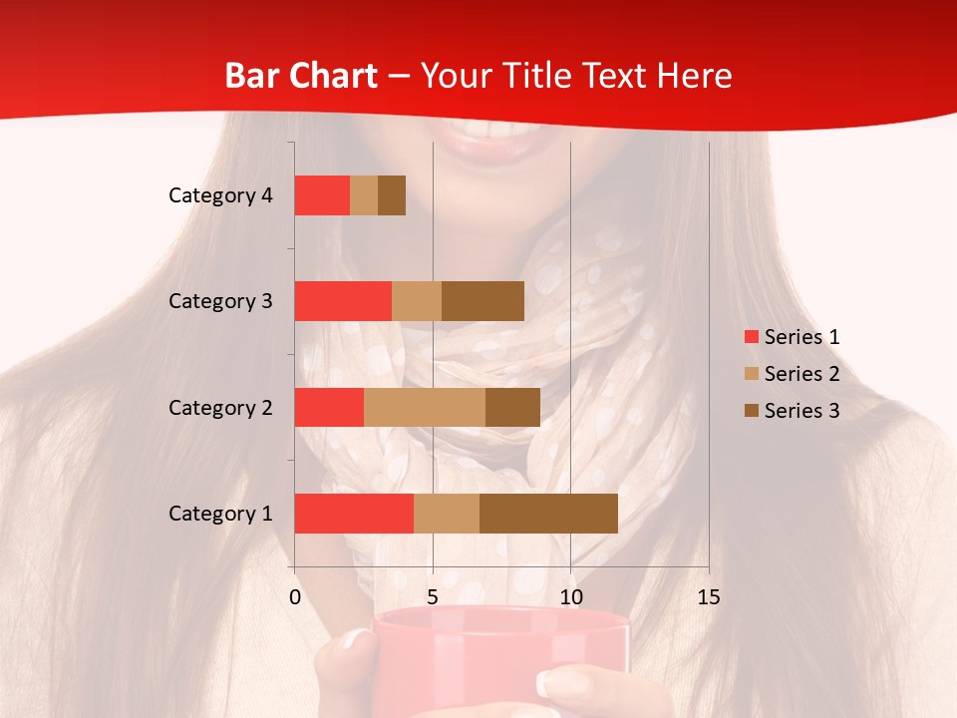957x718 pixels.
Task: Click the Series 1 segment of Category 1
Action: [x=354, y=514]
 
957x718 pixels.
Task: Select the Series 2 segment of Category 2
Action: [x=425, y=407]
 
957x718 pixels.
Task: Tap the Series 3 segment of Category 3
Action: [x=482, y=301]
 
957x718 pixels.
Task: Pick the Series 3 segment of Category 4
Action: [x=392, y=195]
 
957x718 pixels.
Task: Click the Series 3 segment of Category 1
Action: [x=548, y=514]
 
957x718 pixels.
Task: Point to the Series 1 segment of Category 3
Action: [x=343, y=301]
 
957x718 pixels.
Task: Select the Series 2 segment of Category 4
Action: [x=364, y=195]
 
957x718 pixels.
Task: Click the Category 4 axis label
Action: [x=220, y=195]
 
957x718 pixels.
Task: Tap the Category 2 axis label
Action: [x=220, y=408]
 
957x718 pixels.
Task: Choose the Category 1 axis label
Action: [x=220, y=514]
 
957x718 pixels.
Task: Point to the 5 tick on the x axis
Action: [x=433, y=597]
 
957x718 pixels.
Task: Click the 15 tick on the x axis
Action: [x=708, y=597]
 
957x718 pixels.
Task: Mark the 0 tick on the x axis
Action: [x=295, y=597]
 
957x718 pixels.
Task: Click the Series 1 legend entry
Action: [x=801, y=337]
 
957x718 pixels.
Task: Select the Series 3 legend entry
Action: [x=801, y=411]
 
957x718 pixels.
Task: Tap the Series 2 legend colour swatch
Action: [x=751, y=374]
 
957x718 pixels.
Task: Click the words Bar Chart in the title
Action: [x=300, y=76]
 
